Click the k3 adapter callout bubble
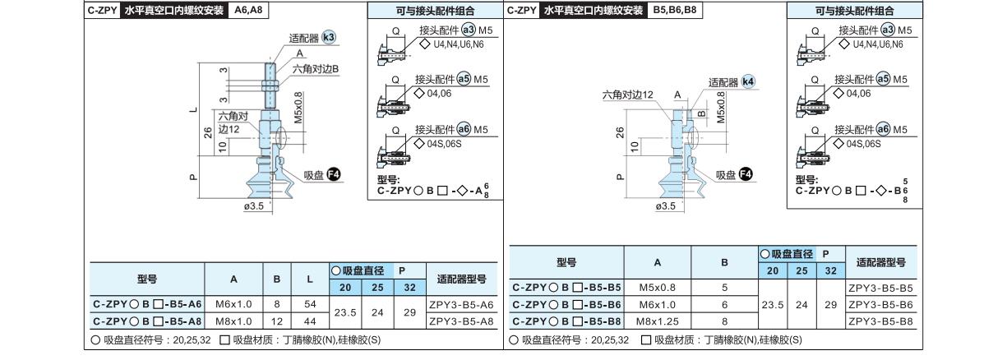point(329,37)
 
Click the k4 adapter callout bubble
point(748,81)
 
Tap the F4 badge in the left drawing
point(333,174)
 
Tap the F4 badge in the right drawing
point(746,174)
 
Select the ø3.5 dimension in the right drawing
point(665,205)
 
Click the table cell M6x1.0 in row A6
point(233,304)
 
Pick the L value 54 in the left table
point(310,304)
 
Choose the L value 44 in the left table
point(310,321)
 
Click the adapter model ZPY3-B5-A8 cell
point(461,321)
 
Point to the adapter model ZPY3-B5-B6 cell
point(880,305)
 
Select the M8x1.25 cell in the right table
point(658,321)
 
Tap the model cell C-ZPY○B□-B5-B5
point(566,288)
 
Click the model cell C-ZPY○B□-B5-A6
point(147,304)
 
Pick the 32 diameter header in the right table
point(831,270)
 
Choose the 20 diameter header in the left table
point(345,288)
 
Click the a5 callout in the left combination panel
point(464,79)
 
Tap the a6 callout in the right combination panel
point(883,129)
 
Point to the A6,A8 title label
point(248,10)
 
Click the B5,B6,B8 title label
point(674,10)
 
